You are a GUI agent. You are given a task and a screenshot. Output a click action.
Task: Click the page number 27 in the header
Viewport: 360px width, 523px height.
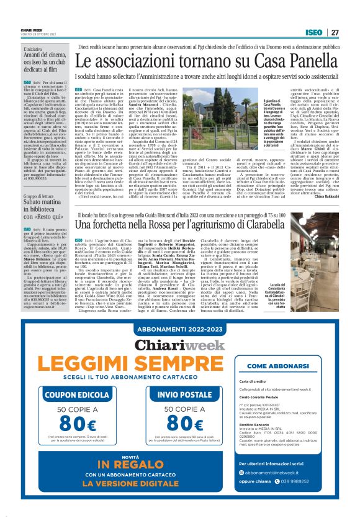point(335,32)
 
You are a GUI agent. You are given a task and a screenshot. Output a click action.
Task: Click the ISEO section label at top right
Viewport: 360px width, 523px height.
point(313,32)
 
